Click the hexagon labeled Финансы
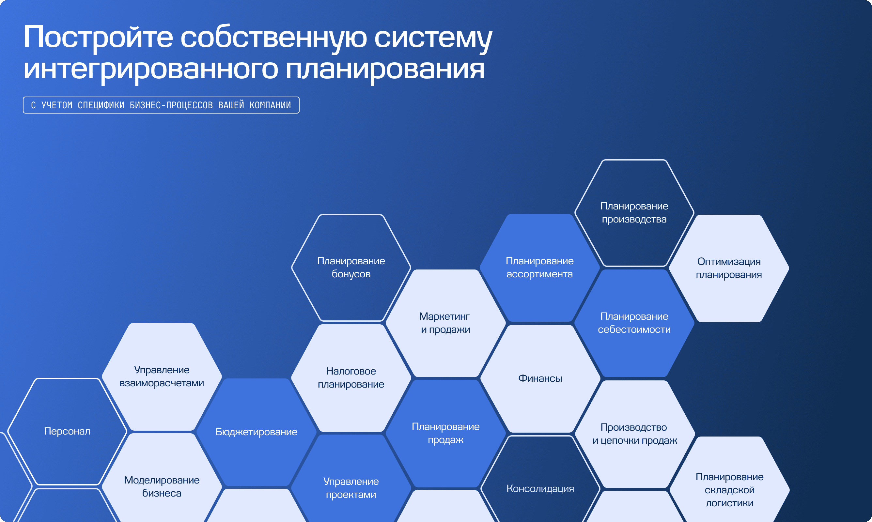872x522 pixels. [x=540, y=378]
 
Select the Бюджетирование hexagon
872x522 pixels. [x=257, y=432]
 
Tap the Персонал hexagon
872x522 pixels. [x=67, y=431]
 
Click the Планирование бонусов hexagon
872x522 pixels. [x=351, y=268]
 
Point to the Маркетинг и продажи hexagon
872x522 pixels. [x=446, y=323]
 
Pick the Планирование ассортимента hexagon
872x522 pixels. [x=539, y=268]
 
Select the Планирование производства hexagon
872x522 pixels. [x=634, y=213]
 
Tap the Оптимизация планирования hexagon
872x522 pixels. [x=729, y=269]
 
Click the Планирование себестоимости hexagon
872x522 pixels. [x=634, y=323]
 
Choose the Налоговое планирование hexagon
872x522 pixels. [x=351, y=378]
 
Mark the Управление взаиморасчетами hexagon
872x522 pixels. [x=162, y=377]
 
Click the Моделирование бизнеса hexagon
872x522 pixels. [x=162, y=487]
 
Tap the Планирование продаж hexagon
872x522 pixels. [x=446, y=434]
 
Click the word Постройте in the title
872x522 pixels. [x=98, y=37]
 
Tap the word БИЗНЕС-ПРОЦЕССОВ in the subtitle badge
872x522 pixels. [x=171, y=105]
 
